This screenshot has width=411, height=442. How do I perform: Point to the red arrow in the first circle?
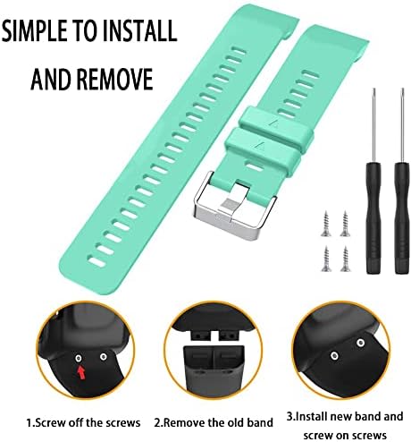tap(81, 372)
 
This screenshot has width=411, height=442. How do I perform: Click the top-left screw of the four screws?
tap(326, 224)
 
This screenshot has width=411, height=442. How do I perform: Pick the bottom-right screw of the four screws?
tap(346, 259)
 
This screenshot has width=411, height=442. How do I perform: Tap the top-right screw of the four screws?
tap(346, 224)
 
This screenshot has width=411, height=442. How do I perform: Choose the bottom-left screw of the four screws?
tap(326, 259)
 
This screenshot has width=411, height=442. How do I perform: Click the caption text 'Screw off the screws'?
tap(83, 422)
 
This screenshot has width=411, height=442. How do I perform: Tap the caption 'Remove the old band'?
tap(214, 422)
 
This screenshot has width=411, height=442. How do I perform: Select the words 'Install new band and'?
tap(345, 416)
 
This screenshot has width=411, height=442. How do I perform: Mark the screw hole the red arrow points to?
tap(79, 358)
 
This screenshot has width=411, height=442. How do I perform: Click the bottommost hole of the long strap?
tap(96, 262)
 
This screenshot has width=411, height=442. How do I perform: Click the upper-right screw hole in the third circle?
tap(361, 343)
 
